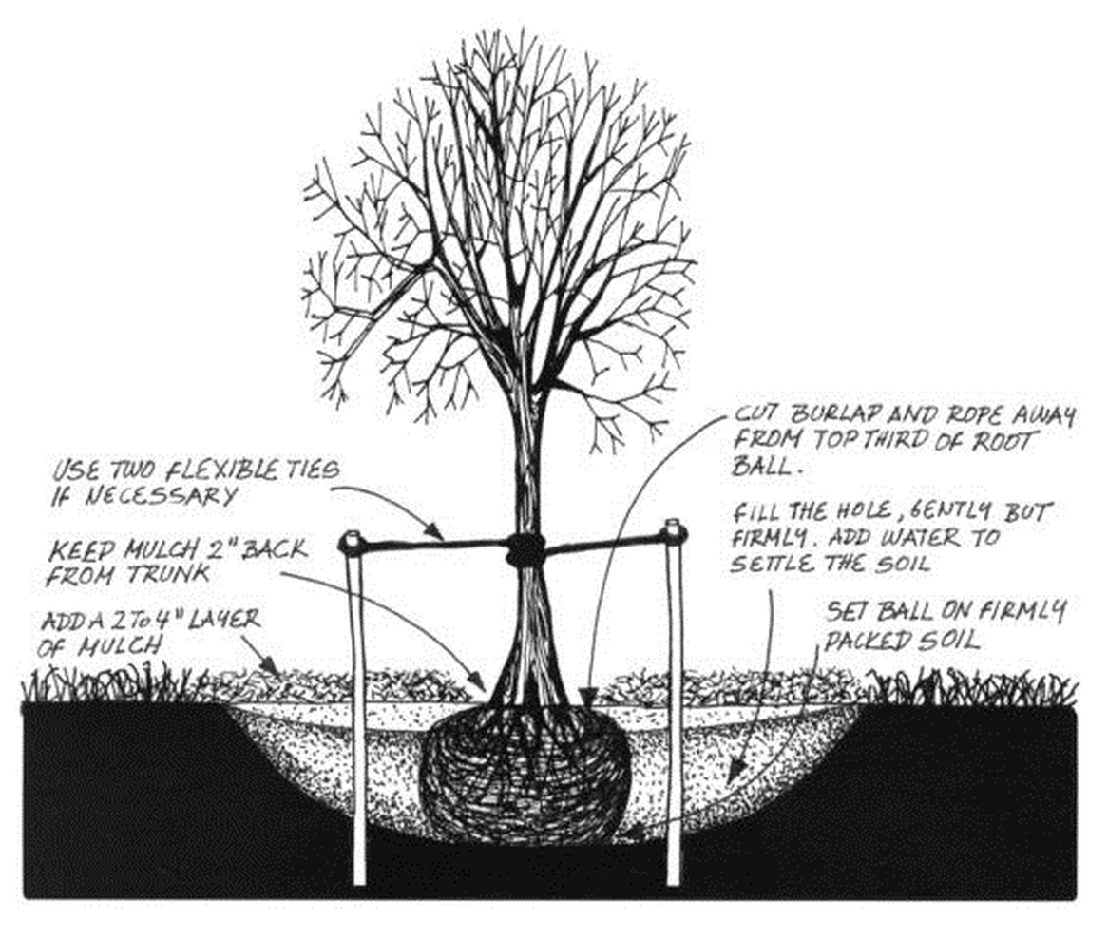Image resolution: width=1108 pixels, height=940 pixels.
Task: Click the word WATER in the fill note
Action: coord(936,537)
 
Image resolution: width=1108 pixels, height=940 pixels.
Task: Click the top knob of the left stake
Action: coord(350,543)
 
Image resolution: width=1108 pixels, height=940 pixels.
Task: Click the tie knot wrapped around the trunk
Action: coord(525,548)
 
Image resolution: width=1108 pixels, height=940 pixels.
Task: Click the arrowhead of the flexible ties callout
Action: coord(441,536)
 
